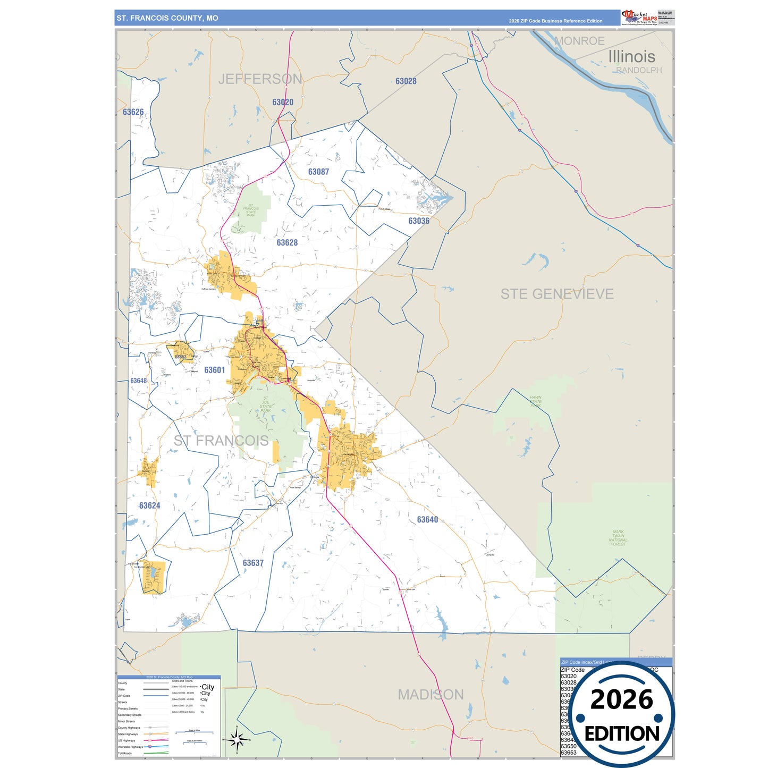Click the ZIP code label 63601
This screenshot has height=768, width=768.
215,370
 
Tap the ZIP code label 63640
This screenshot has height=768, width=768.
427,519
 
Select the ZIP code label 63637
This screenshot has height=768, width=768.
253,563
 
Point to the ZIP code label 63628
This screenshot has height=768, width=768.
287,242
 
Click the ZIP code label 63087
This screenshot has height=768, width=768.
318,172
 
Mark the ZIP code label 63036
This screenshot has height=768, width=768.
419,221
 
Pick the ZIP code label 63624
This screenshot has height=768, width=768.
149,505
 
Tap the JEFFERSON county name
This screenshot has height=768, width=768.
260,79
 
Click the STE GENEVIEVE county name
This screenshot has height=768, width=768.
557,294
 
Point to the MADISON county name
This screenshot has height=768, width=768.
431,695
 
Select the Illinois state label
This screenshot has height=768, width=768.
631,56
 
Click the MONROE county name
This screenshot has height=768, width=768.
579,41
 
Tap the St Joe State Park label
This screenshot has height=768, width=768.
266,404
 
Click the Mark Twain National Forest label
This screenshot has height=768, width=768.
618,537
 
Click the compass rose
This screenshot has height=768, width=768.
237,739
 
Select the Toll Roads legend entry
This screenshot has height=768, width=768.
125,753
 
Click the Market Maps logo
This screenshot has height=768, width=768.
639,17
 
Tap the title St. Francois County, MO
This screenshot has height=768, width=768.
167,18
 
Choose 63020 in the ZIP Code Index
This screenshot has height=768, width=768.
568,676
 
